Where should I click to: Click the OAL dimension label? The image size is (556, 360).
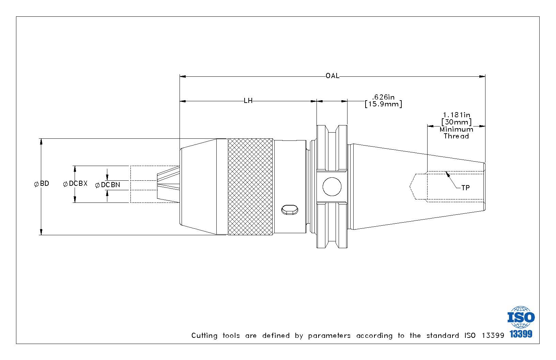click(x=333, y=76)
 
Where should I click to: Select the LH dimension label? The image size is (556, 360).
click(x=248, y=101)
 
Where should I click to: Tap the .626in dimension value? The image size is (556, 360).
click(x=383, y=97)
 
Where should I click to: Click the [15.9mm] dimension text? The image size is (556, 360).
click(x=383, y=104)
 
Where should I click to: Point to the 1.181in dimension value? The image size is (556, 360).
click(x=457, y=115)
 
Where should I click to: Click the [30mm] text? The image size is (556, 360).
click(x=457, y=122)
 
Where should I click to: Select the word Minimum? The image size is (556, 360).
click(x=457, y=129)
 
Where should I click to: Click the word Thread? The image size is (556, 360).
click(x=456, y=136)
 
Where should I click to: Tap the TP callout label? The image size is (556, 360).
click(x=465, y=188)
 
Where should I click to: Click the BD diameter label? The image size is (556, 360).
click(x=42, y=184)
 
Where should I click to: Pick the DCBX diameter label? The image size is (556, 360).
click(x=75, y=184)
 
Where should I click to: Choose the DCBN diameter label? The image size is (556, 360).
click(x=107, y=185)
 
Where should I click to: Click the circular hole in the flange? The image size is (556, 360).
click(x=332, y=186)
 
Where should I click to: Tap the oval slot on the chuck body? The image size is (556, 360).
click(x=290, y=210)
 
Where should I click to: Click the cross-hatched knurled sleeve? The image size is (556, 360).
click(x=250, y=186)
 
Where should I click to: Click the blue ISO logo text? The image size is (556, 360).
click(x=521, y=317)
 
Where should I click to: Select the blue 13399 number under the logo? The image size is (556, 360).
click(x=521, y=334)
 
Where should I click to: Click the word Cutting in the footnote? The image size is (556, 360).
click(x=204, y=336)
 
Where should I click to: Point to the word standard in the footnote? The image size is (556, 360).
click(x=443, y=335)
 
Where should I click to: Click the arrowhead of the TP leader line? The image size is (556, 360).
click(x=448, y=174)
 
